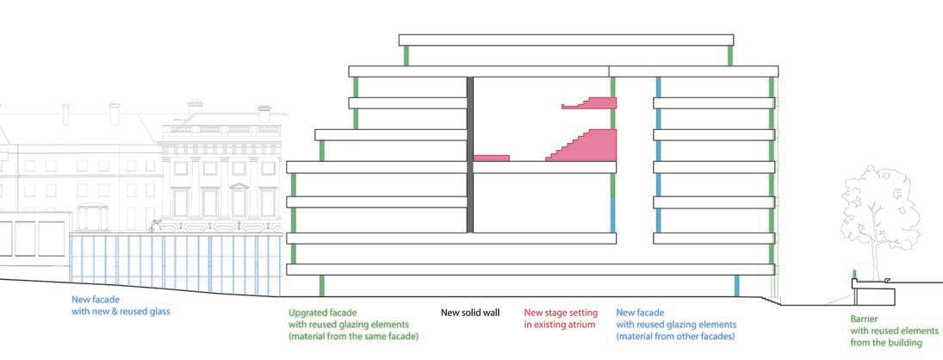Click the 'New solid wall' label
pyautogui.click(x=469, y=312)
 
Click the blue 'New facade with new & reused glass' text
pyautogui.click(x=121, y=305)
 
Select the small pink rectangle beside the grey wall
pyautogui.click(x=492, y=158)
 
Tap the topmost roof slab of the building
pyautogui.click(x=566, y=40)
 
